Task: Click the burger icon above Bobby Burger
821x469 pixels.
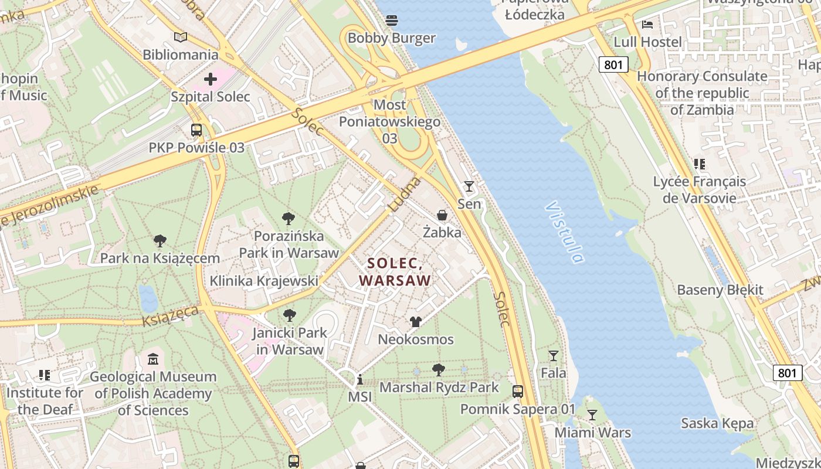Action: pyautogui.click(x=392, y=21)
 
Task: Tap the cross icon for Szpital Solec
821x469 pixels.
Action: pyautogui.click(x=211, y=79)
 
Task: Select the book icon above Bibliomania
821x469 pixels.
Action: pyautogui.click(x=181, y=37)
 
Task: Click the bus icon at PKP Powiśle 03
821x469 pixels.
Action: pyautogui.click(x=196, y=130)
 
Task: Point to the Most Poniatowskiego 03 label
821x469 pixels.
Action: pyautogui.click(x=390, y=121)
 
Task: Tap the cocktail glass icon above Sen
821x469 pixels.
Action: pyautogui.click(x=469, y=186)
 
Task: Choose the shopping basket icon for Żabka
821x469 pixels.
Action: pyautogui.click(x=442, y=215)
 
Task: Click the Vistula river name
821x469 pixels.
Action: pyautogui.click(x=565, y=232)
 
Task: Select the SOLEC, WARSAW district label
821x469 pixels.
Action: pyautogui.click(x=395, y=272)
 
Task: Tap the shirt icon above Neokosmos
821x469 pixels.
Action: pyautogui.click(x=416, y=322)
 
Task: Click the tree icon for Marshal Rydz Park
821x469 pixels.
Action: pyautogui.click(x=439, y=370)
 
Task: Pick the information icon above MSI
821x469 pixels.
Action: pyautogui.click(x=360, y=380)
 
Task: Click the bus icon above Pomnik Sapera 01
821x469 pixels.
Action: pyautogui.click(x=518, y=391)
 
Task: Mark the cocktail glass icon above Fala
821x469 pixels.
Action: pyautogui.click(x=553, y=355)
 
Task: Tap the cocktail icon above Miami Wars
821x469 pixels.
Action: pyautogui.click(x=592, y=415)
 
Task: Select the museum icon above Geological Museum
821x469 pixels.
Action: pyautogui.click(x=153, y=359)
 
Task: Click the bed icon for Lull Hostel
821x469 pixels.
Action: pyautogui.click(x=647, y=25)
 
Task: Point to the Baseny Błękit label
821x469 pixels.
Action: pyautogui.click(x=720, y=290)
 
